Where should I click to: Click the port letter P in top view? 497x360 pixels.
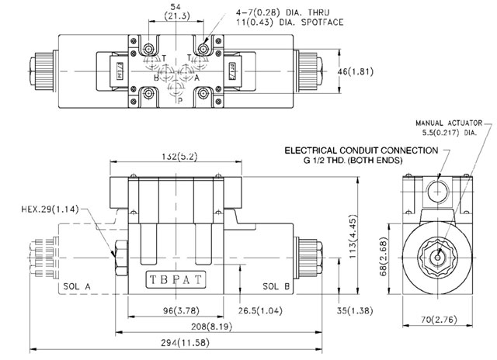180,100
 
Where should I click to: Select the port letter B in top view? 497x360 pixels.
157,78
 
